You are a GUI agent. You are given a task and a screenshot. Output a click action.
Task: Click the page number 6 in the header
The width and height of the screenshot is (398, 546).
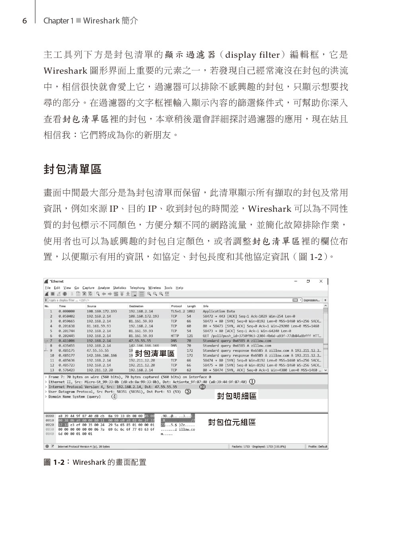click(24, 21)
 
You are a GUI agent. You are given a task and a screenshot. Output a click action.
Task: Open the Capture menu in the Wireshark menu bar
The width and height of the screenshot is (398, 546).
click(88, 288)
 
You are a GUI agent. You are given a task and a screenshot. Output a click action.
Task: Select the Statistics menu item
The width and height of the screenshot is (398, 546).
click(119, 288)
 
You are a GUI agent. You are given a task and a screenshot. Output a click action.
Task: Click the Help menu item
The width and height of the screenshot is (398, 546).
click(179, 288)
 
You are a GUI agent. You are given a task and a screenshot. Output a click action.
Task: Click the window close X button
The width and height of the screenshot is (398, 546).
click(321, 281)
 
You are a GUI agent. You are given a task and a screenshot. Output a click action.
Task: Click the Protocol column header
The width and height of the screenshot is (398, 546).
click(176, 306)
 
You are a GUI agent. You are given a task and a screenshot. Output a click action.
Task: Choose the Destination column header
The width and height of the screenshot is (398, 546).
click(136, 306)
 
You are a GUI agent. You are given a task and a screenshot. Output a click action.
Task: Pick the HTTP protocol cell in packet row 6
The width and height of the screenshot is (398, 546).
click(175, 336)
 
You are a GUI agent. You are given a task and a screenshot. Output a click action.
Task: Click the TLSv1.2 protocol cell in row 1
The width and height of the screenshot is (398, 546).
click(178, 311)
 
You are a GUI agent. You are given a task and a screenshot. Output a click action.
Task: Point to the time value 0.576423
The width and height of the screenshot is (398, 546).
click(66, 370)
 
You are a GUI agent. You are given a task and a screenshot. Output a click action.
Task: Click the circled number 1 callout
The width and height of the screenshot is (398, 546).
click(252, 382)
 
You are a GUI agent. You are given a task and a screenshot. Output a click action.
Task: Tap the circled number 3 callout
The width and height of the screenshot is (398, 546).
click(188, 392)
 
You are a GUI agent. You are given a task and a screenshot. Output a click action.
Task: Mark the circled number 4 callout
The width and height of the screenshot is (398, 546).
click(114, 396)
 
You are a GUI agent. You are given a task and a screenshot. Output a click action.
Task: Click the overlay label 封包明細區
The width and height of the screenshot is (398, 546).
click(236, 396)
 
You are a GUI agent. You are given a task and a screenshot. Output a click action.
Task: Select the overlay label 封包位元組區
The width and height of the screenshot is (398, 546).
click(232, 422)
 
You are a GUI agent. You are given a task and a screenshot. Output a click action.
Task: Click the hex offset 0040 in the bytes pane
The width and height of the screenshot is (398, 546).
click(50, 434)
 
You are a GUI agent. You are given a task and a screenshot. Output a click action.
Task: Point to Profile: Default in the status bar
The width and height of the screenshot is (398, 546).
click(318, 447)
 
